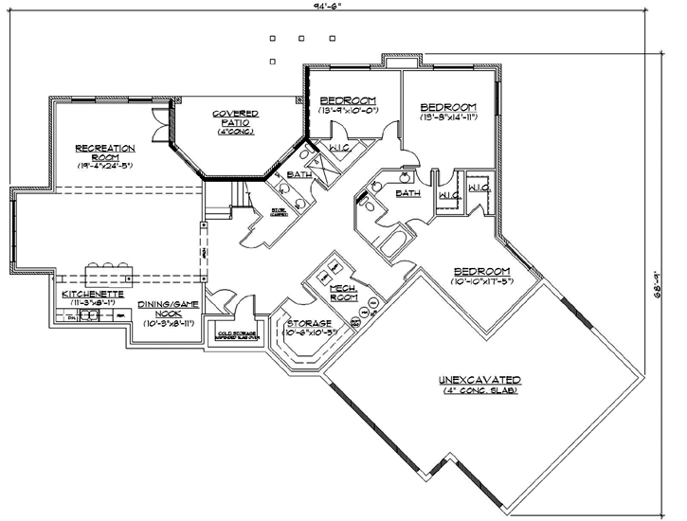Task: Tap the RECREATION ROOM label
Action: pos(104,153)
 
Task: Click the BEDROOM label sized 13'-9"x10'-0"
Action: pos(348,100)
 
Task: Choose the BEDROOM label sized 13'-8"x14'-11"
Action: pos(448,107)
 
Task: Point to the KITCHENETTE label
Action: pos(91,295)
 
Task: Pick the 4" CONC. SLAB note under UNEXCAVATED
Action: pos(479,391)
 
